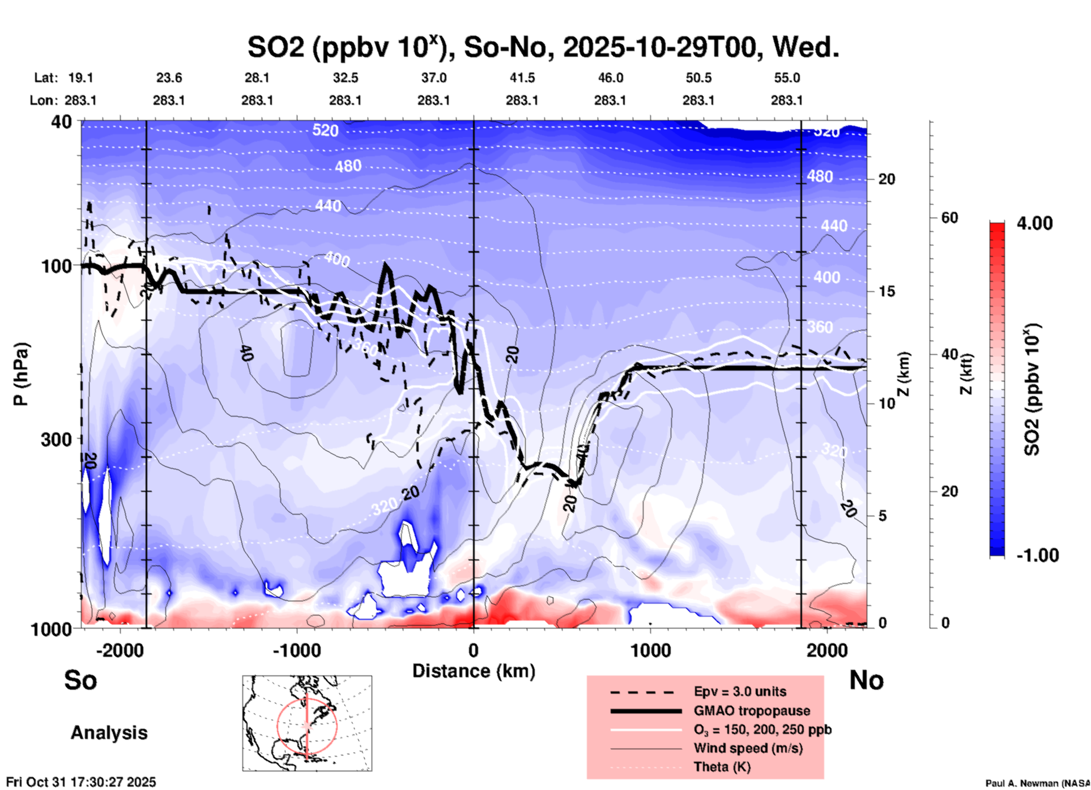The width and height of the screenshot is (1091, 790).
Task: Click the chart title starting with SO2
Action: point(543,48)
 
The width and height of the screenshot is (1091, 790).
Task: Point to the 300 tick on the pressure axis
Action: point(56,439)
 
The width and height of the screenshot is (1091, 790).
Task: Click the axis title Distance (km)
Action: point(474,671)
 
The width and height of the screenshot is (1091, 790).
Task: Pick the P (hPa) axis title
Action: point(20,374)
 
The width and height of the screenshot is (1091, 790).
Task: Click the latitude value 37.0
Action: point(433,78)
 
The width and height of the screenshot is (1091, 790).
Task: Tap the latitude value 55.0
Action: point(787,78)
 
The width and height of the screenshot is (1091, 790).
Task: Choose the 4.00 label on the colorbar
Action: point(1034,223)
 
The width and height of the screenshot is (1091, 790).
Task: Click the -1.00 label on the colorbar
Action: point(1037,555)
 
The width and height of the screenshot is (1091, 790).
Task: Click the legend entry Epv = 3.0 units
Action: point(740,691)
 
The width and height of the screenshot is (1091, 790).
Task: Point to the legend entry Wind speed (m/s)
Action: point(748,748)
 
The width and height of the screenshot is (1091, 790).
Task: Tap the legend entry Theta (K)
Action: point(722,767)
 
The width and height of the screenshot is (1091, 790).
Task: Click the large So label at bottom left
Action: point(80,680)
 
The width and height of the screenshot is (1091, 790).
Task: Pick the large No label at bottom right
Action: point(866,680)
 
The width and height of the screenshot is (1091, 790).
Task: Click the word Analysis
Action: point(109,733)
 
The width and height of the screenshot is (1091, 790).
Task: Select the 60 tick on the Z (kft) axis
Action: point(949,218)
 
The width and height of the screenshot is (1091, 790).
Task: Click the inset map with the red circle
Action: point(307,723)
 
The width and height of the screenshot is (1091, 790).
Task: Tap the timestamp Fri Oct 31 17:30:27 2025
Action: point(81,782)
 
